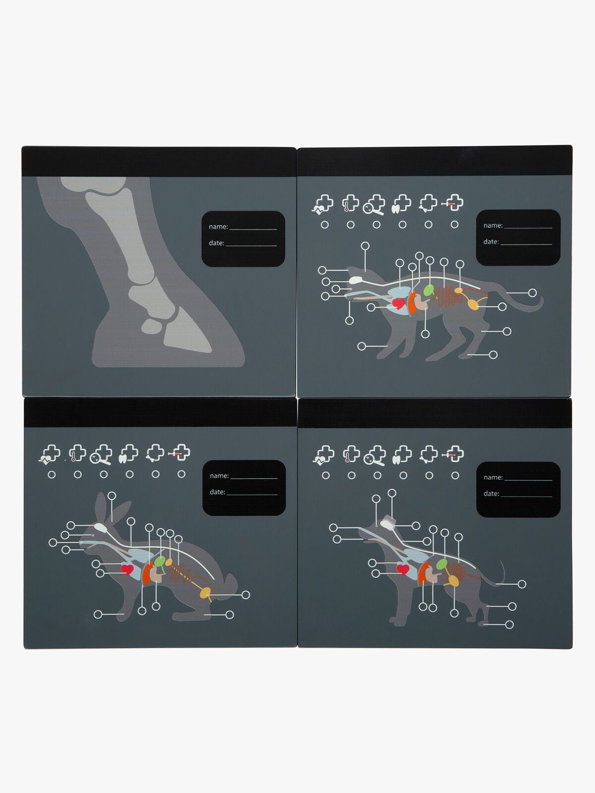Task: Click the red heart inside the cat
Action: [399, 303]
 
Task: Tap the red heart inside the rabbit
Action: [127, 569]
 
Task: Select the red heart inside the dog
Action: [403, 569]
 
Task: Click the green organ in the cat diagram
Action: [428, 290]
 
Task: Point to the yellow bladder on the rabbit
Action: [205, 593]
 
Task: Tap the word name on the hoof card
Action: [218, 227]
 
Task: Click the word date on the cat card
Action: [491, 241]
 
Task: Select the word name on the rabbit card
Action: [219, 475]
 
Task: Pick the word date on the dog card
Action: [491, 494]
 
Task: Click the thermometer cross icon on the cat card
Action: [350, 203]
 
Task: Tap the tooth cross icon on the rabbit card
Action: [128, 454]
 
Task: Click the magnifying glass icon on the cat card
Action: [373, 205]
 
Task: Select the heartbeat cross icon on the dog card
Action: [323, 455]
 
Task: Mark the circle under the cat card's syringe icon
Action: [455, 225]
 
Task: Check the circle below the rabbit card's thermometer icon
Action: [78, 475]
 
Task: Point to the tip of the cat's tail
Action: [541, 297]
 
